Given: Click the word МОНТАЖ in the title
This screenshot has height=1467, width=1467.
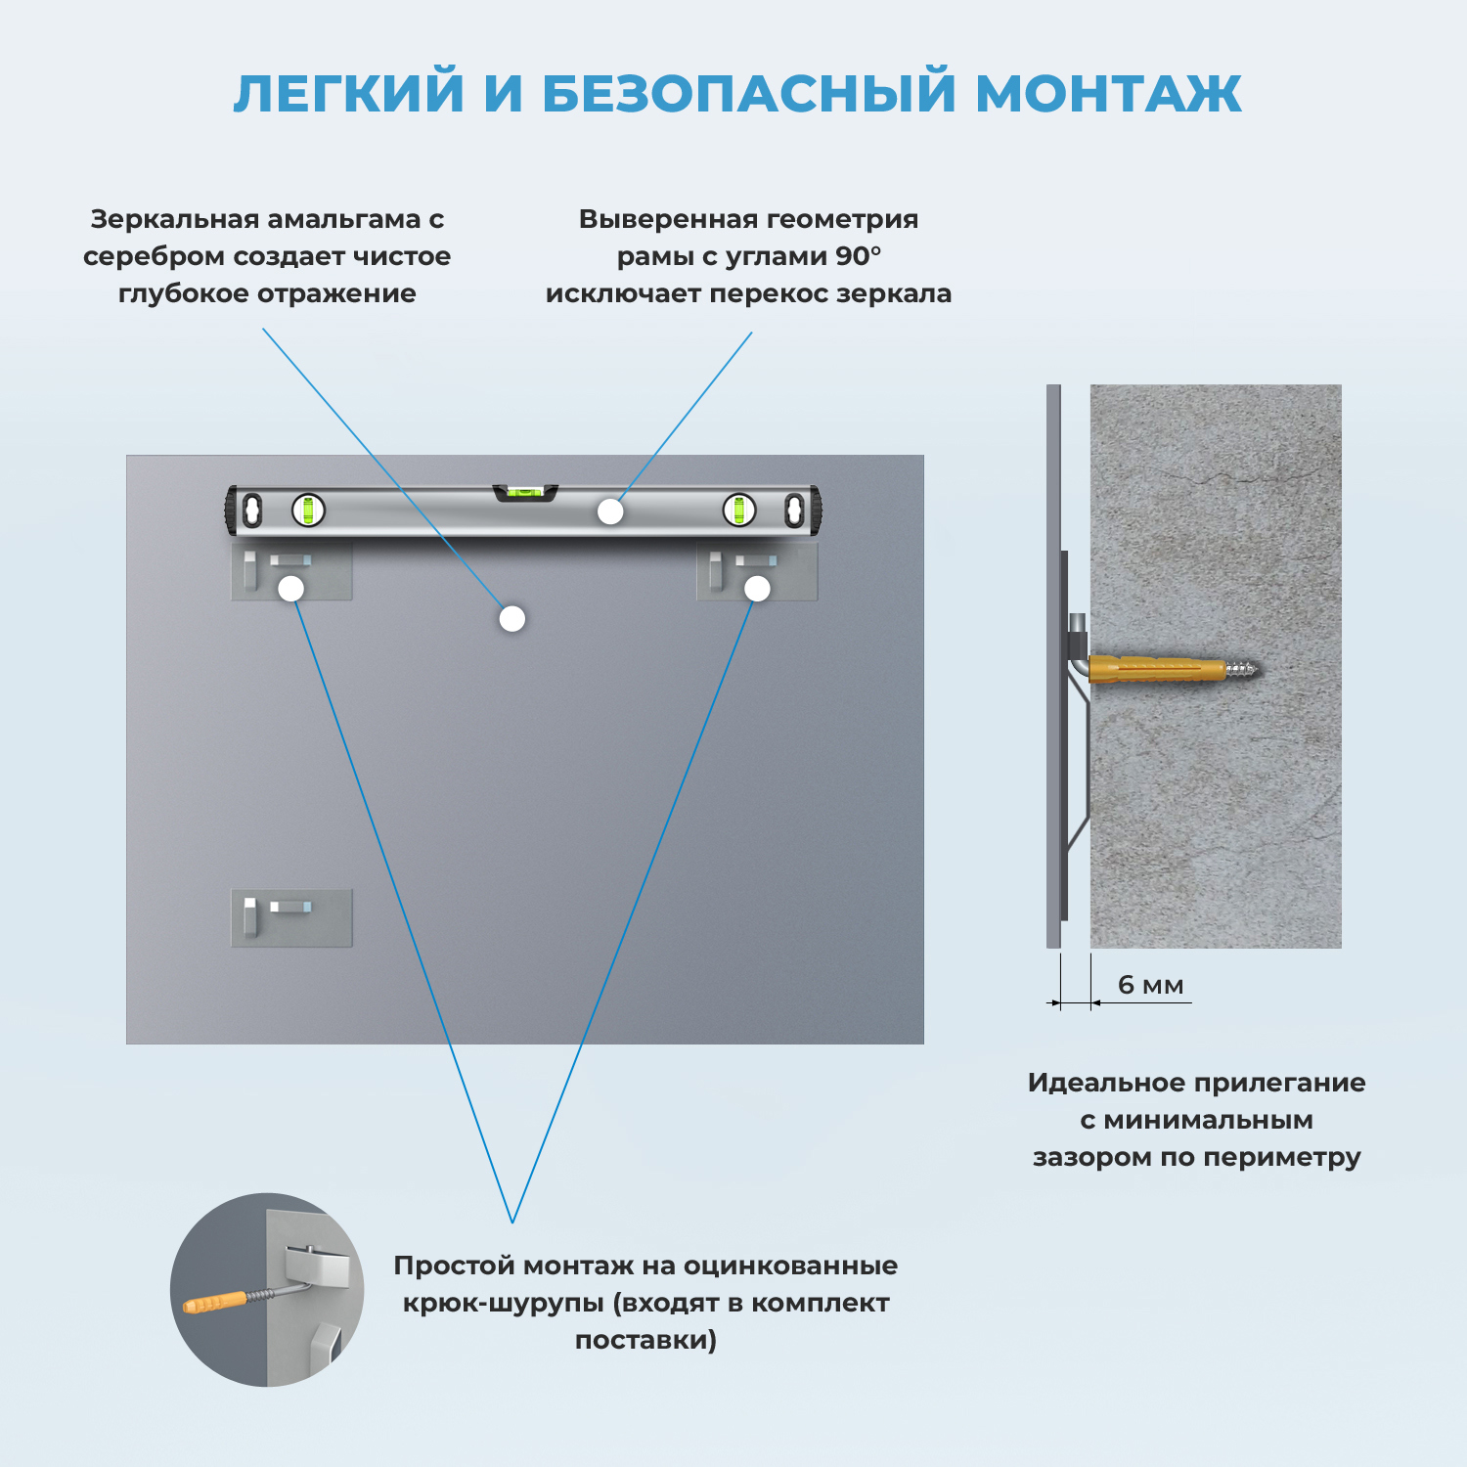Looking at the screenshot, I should pos(1108,95).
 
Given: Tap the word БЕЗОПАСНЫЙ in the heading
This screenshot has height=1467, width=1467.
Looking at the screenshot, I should pos(748,95).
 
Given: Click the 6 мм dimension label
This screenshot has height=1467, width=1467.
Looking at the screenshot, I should pos(1150,985).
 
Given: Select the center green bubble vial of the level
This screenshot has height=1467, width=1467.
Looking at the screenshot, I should pos(525,493).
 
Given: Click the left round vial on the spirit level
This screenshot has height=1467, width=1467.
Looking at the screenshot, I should pos(308,510).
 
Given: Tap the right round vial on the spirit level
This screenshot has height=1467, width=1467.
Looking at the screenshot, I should pos(739,510).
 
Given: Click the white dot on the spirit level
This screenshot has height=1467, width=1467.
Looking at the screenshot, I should pos(610,511).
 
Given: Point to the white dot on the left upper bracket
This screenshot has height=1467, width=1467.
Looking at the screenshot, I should pos(291,589).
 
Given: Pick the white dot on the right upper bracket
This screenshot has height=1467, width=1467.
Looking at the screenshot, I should pos(757,589).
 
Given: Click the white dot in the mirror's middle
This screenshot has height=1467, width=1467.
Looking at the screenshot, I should pos(512,618).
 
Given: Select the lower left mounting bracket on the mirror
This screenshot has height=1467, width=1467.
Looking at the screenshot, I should pos(290,917).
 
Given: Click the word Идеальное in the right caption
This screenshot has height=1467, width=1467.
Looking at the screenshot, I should pos(1092,1083).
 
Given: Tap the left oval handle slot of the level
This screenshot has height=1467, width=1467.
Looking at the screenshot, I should pos(253,510).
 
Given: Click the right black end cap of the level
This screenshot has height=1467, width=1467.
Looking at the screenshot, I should pos(816,511).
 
